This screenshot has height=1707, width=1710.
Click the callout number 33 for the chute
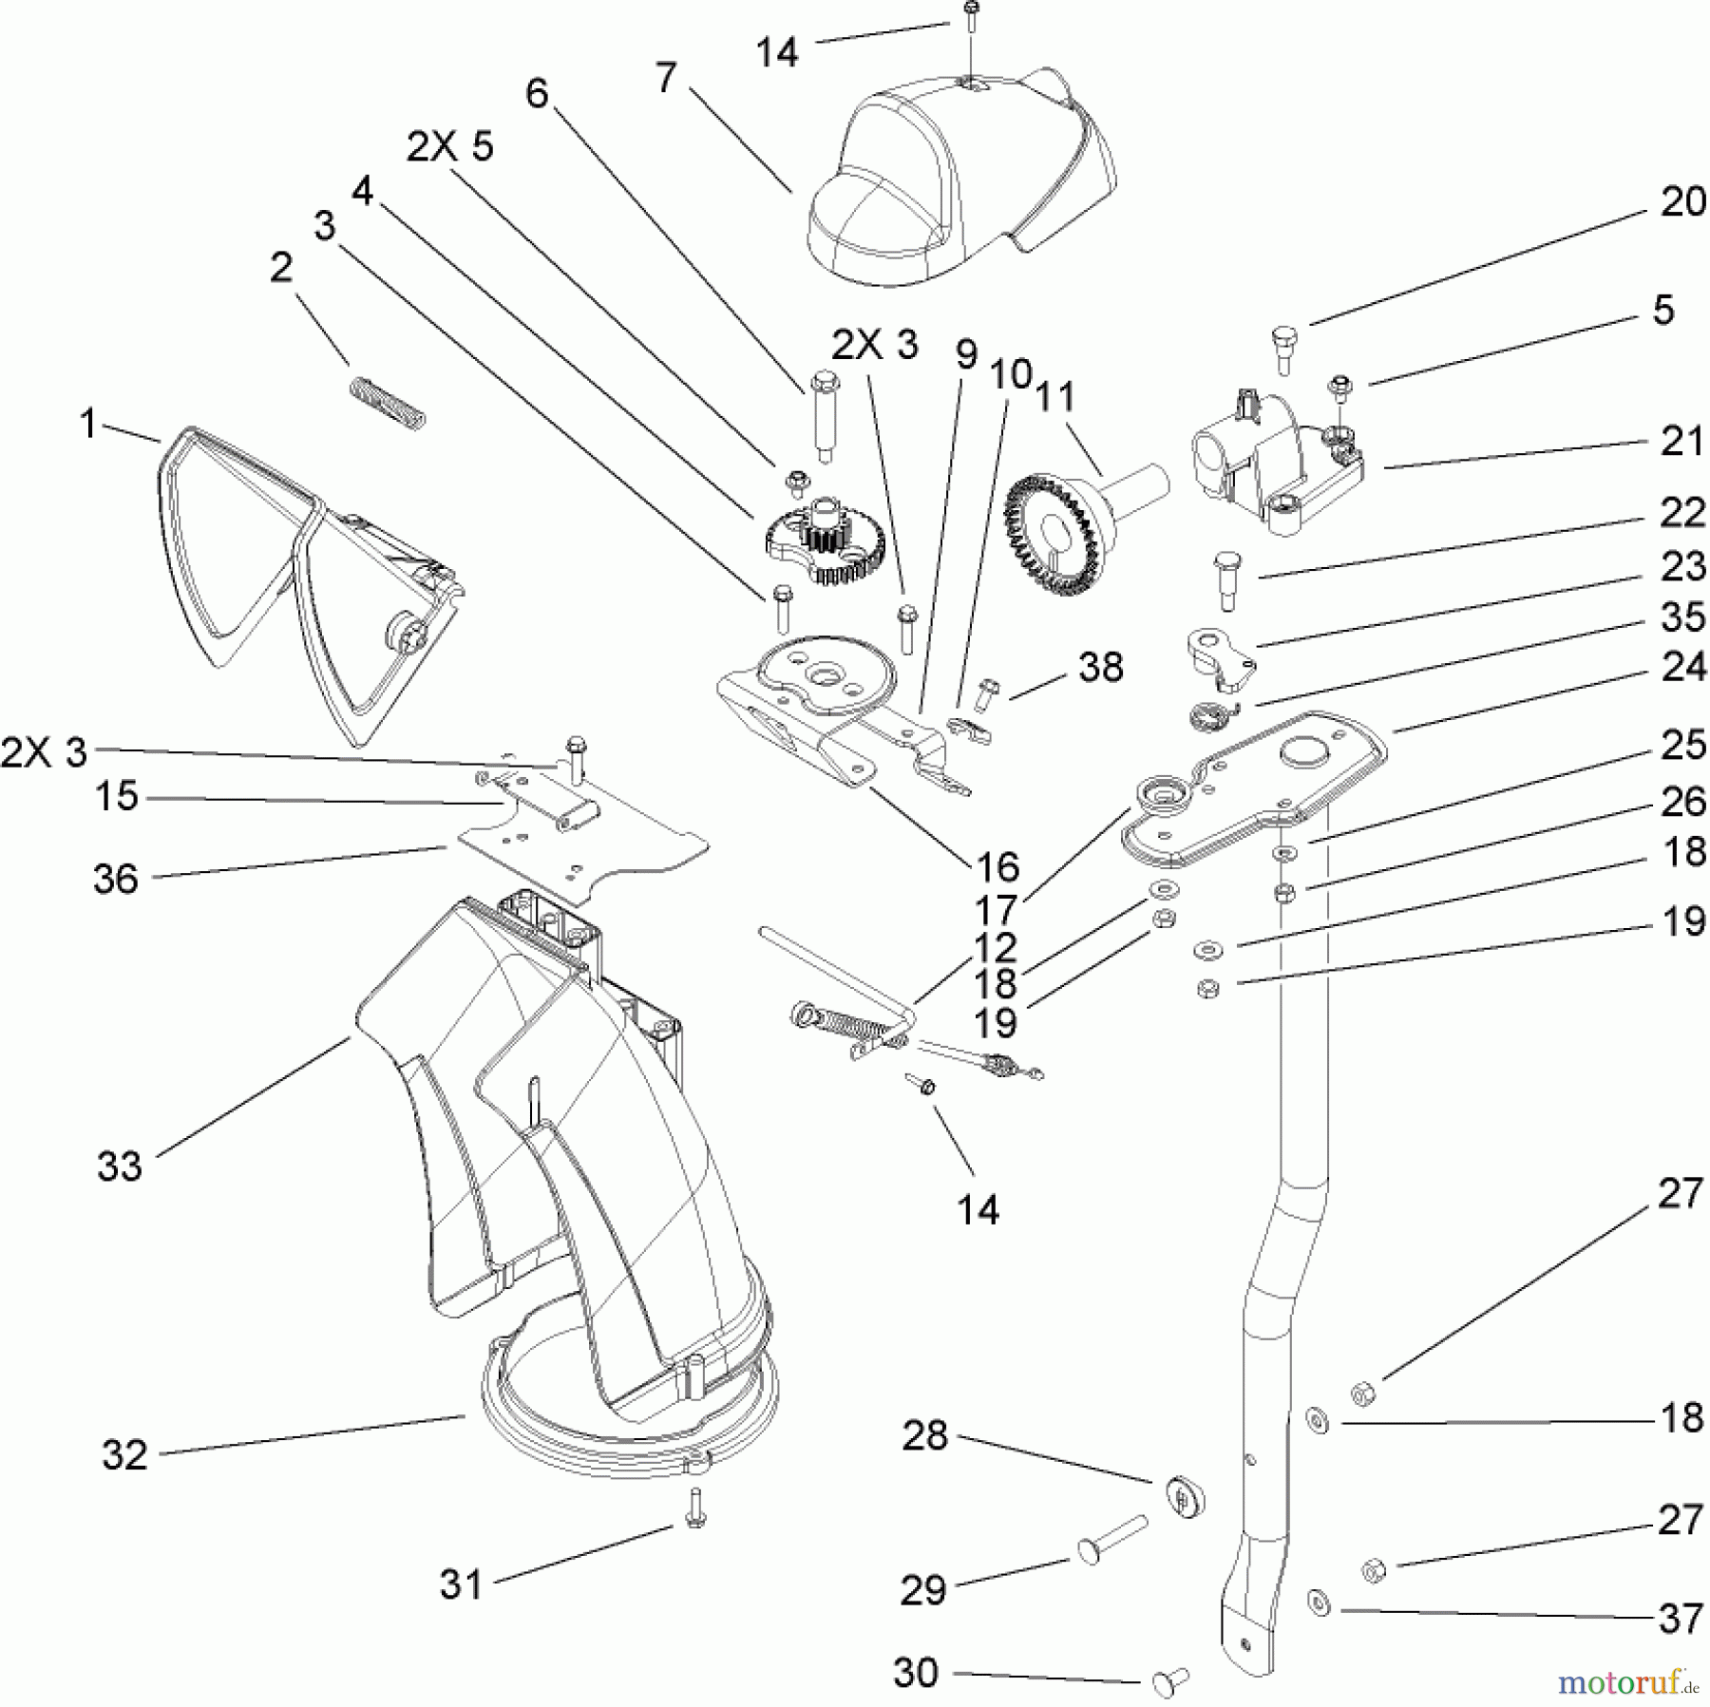(119, 1165)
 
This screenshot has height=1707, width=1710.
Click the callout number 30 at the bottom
(916, 1672)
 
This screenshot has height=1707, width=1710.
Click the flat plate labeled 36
(579, 855)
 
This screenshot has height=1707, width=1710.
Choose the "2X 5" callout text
(450, 148)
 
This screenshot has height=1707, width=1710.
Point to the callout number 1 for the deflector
(87, 425)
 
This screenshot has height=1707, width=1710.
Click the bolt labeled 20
(1282, 350)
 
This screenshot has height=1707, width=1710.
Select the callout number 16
(997, 866)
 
